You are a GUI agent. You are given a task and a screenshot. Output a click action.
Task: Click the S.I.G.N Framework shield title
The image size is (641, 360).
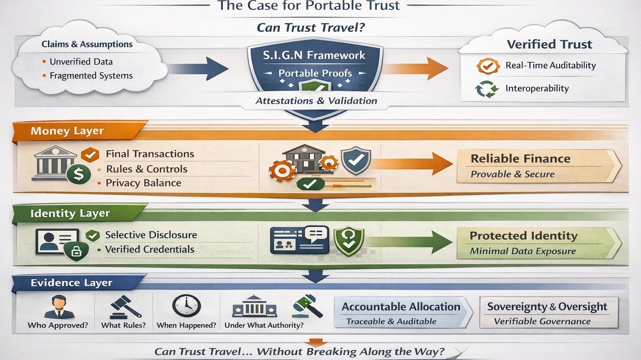(314, 55)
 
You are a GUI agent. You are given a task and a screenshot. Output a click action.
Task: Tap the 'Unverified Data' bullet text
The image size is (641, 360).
(81, 62)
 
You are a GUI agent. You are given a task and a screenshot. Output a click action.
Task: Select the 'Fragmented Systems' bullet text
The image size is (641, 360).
(91, 76)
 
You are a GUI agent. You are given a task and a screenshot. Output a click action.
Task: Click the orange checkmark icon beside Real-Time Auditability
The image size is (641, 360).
(487, 66)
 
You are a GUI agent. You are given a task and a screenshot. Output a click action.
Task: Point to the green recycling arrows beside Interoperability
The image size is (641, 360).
(487, 89)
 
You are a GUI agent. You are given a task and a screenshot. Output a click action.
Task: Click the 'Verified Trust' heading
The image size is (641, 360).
(549, 44)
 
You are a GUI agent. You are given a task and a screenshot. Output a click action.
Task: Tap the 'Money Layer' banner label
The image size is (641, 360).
(67, 131)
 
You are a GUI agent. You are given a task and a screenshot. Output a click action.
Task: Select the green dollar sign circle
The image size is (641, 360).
(78, 174)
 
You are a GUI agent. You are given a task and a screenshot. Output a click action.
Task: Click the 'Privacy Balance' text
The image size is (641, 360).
(143, 183)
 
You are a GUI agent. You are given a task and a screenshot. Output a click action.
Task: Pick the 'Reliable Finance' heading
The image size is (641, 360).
(520, 159)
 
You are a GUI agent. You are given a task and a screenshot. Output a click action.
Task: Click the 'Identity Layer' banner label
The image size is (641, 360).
(70, 214)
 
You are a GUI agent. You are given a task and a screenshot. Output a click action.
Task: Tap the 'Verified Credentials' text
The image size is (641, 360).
(149, 249)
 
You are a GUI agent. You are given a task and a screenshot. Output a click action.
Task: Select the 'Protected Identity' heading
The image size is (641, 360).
(523, 236)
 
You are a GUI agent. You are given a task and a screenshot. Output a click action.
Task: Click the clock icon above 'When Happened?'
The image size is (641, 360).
(186, 306)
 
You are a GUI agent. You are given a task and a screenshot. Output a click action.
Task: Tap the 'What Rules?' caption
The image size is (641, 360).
(124, 325)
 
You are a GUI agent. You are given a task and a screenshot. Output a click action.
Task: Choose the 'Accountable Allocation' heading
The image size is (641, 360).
(401, 307)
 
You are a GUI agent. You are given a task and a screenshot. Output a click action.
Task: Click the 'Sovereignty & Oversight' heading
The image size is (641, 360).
(547, 307)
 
